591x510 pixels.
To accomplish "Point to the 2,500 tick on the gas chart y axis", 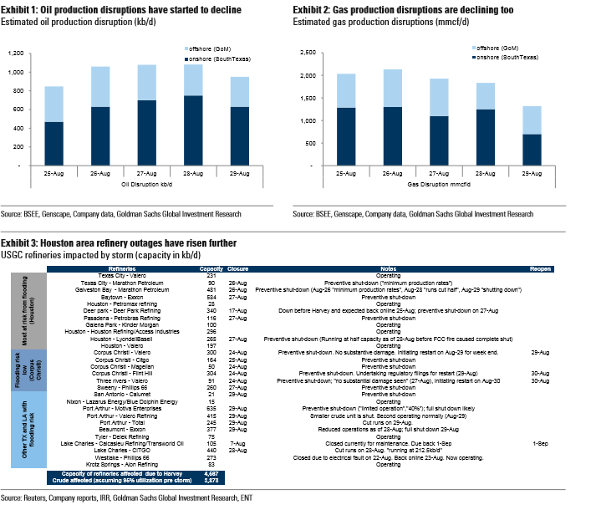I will (x=307, y=53).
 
